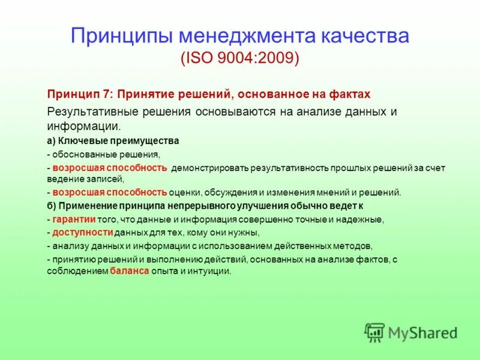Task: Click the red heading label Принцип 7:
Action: pyautogui.click(x=80, y=94)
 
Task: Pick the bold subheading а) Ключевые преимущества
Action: pyautogui.click(x=113, y=141)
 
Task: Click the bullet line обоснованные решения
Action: pyautogui.click(x=108, y=154)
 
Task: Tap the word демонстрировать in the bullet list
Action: pyautogui.click(x=209, y=168)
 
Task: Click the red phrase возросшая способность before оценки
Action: pyautogui.click(x=109, y=193)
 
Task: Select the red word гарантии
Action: pyautogui.click(x=75, y=219)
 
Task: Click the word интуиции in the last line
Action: pyautogui.click(x=211, y=271)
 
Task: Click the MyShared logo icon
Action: pyautogui.click(x=374, y=332)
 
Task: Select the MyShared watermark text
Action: pyautogui.click(x=422, y=333)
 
